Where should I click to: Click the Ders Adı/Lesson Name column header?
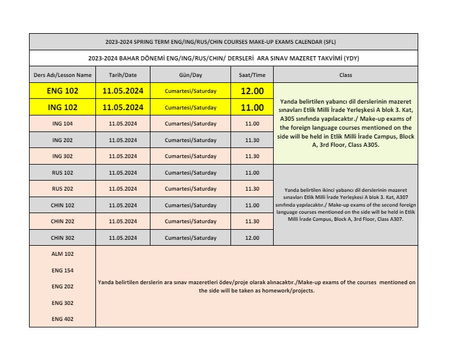(x=62, y=75)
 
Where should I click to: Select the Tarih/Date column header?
(x=123, y=75)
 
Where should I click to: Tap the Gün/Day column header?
(x=190, y=75)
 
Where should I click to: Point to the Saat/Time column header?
(x=252, y=75)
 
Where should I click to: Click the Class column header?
(x=345, y=75)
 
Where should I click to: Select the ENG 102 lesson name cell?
(x=62, y=91)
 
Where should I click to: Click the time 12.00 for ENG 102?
(x=252, y=91)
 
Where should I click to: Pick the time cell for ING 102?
(x=252, y=108)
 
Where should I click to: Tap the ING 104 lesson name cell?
(x=62, y=124)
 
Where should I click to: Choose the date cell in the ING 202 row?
(x=123, y=140)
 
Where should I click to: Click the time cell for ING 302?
(x=252, y=156)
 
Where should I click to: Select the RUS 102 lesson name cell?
(x=62, y=173)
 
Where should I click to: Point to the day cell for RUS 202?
(x=190, y=189)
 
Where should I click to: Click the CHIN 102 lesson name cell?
(x=62, y=205)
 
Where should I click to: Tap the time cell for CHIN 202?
(x=252, y=221)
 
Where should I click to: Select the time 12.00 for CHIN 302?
(x=252, y=238)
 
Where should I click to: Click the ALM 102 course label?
(x=62, y=253)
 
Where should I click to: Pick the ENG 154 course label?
(x=62, y=270)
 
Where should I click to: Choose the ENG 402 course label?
(x=62, y=319)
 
